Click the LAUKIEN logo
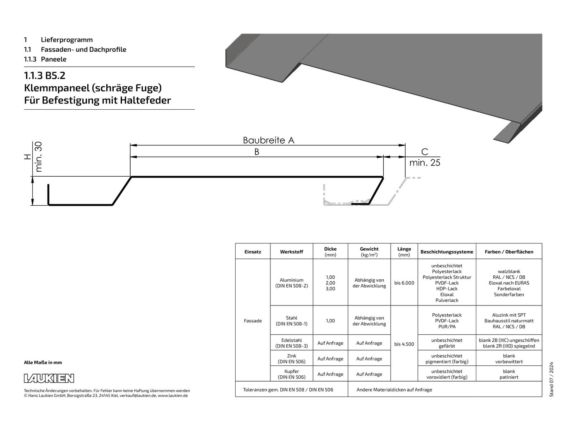[49, 378]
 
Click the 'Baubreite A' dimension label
[268, 140]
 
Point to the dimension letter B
[257, 152]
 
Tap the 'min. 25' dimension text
[425, 163]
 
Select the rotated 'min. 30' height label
[38, 157]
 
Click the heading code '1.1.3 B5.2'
[45, 75]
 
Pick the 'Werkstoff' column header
[291, 252]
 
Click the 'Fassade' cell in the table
[253, 321]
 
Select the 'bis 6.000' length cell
[404, 283]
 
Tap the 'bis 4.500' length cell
[404, 344]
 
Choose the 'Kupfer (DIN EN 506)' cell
[291, 374]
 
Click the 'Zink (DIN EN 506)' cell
[291, 359]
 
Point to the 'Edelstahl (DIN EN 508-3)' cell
[291, 343]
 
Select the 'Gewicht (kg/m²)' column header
[369, 252]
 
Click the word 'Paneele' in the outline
[53, 59]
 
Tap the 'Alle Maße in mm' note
[43, 363]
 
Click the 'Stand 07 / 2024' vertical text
[552, 380]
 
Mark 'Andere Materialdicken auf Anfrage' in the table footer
[394, 389]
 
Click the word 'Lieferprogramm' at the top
[67, 40]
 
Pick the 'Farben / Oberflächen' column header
[509, 252]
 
